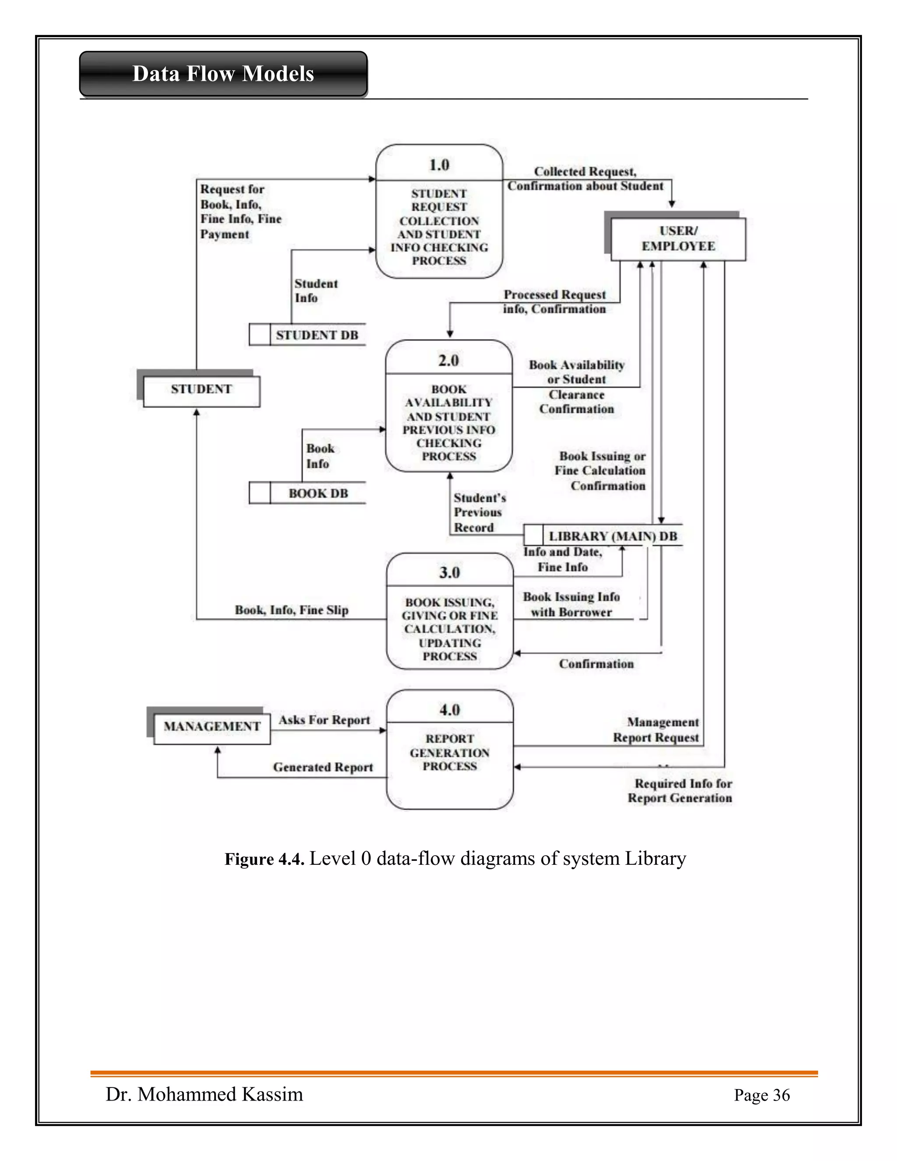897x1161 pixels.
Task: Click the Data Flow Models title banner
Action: (223, 74)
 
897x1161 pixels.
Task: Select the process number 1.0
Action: (439, 165)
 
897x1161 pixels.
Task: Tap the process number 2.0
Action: (448, 361)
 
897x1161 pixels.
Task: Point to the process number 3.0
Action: (449, 573)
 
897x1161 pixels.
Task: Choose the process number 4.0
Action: (449, 710)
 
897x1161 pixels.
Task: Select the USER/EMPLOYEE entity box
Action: (678, 239)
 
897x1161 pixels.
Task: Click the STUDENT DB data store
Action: (317, 335)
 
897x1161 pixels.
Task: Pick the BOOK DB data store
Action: (318, 493)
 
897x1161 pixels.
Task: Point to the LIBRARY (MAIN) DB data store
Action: (613, 536)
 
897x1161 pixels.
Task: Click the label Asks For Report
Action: (324, 720)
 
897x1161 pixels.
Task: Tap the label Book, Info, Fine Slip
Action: (292, 610)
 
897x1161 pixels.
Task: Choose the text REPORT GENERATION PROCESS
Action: (449, 752)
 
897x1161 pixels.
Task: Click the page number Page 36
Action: (762, 1095)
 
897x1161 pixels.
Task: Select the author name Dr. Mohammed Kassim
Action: (204, 1094)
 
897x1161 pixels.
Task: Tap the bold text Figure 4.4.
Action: (264, 859)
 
